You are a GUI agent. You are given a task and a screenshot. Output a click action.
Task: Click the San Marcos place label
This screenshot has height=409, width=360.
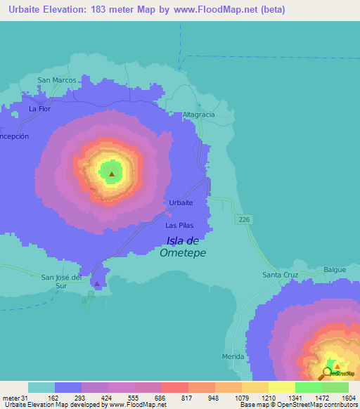[56, 80]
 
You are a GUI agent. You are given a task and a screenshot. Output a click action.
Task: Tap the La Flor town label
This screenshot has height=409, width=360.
[39, 110]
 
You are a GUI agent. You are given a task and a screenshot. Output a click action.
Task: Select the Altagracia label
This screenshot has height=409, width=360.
[198, 115]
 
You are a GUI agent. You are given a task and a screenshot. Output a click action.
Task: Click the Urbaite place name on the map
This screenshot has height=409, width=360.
[181, 202]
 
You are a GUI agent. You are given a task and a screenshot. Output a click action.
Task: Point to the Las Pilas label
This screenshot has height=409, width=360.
[179, 226]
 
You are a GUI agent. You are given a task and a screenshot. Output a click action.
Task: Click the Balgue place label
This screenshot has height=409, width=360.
[335, 270]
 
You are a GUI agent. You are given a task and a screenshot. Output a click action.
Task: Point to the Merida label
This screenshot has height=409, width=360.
[232, 357]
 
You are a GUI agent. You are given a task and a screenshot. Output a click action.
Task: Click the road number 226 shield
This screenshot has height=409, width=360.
[244, 221]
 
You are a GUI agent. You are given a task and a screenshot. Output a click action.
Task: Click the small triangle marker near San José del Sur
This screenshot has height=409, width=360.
[97, 285]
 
